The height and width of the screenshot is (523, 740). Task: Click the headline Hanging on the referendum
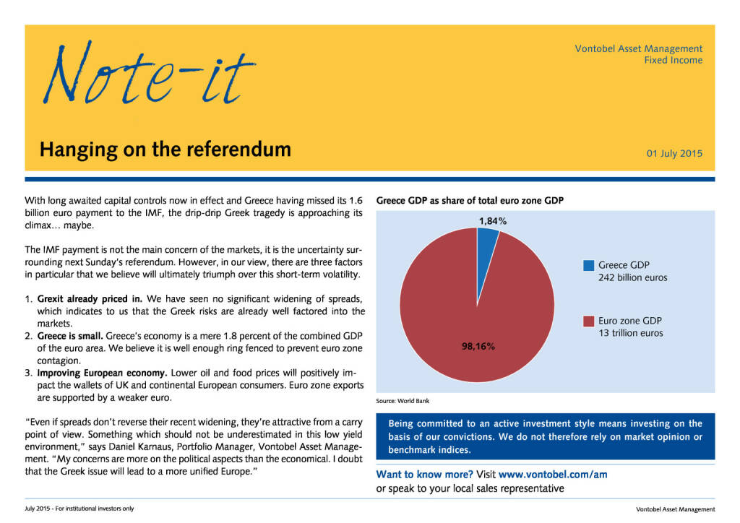point(165,150)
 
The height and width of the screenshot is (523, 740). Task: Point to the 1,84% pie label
point(493,221)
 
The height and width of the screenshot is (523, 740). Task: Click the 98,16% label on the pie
point(478,347)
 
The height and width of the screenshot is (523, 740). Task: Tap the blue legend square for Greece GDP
point(588,265)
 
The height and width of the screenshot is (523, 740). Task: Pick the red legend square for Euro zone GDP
point(588,321)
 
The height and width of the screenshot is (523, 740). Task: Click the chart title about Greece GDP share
point(470,200)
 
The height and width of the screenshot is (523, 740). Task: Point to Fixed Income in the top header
point(673,61)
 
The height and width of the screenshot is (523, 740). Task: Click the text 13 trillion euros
point(630,333)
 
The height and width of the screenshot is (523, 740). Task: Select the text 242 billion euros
point(632,277)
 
